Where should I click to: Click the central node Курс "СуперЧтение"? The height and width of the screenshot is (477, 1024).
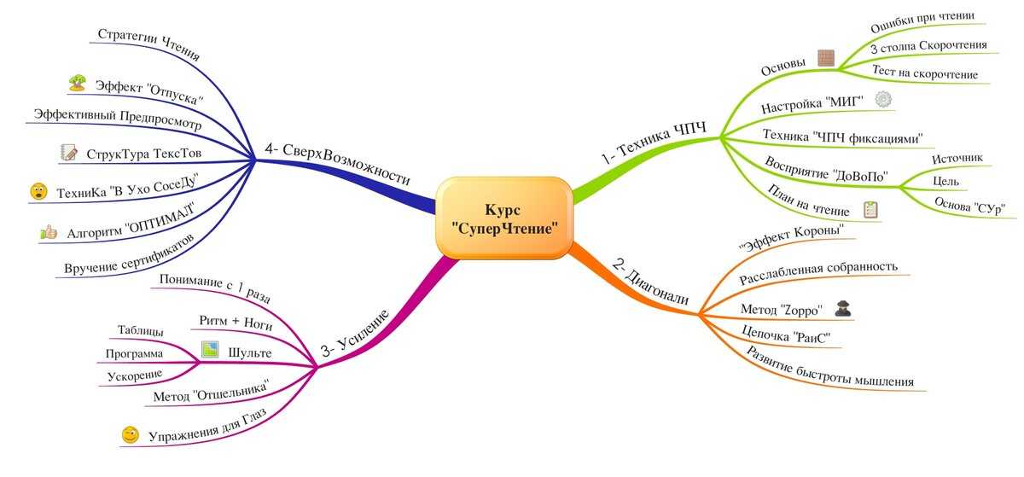point(503,218)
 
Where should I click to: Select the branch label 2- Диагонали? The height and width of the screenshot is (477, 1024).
point(650,282)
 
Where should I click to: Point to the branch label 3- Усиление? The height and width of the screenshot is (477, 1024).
point(355,333)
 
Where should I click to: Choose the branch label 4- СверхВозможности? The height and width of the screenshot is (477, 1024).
point(337,162)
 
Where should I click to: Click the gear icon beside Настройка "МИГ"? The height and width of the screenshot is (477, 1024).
point(883,99)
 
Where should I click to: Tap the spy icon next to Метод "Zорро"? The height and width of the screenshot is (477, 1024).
point(842,309)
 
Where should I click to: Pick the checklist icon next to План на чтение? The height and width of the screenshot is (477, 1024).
point(870,209)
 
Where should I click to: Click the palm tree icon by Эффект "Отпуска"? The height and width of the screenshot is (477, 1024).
point(78,83)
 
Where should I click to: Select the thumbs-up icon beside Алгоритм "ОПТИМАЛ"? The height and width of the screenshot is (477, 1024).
point(49,232)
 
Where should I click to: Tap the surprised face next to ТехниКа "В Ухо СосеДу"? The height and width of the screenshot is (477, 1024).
point(38,191)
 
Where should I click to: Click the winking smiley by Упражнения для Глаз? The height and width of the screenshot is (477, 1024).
point(131,434)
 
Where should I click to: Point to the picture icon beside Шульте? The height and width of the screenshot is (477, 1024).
point(210,349)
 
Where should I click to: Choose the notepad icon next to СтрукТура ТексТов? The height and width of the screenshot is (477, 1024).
point(68,152)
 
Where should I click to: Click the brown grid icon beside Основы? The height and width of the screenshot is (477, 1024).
point(826,58)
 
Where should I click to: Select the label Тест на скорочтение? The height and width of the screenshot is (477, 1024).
point(925,73)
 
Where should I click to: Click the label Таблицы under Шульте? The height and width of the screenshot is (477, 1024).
point(140,329)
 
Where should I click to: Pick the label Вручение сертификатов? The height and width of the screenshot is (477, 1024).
point(130,253)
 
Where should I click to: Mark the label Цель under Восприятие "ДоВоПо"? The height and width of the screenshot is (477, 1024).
point(945,182)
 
